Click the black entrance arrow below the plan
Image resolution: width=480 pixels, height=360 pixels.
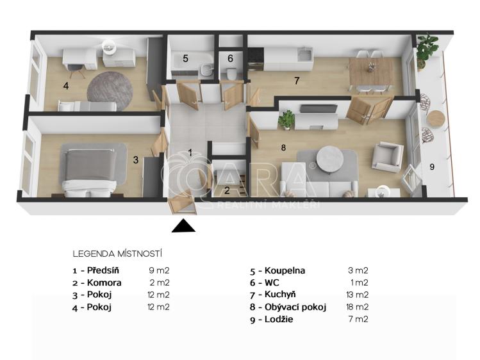[183, 226]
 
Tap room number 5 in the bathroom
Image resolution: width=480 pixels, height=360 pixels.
[185, 58]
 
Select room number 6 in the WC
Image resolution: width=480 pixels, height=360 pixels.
[230, 58]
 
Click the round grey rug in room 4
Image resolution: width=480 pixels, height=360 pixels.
[110, 90]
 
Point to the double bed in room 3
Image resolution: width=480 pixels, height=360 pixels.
[90, 171]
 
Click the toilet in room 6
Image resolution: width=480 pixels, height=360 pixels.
[231, 74]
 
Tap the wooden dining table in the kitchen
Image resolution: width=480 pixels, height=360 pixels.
[371, 74]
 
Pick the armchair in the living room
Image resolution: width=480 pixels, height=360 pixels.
[388, 157]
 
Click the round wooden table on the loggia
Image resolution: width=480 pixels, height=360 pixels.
[435, 119]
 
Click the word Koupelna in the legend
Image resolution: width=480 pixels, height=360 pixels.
[285, 271]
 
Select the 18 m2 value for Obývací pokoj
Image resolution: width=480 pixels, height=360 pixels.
[357, 307]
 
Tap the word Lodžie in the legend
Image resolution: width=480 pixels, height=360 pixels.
[279, 319]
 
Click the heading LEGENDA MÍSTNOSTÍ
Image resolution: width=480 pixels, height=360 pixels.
[117, 254]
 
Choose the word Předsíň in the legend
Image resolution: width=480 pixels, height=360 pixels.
[103, 270]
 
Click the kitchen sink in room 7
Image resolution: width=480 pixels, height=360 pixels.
[304, 54]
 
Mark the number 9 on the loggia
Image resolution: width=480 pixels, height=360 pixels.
[432, 167]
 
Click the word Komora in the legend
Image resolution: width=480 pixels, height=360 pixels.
[104, 282]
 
